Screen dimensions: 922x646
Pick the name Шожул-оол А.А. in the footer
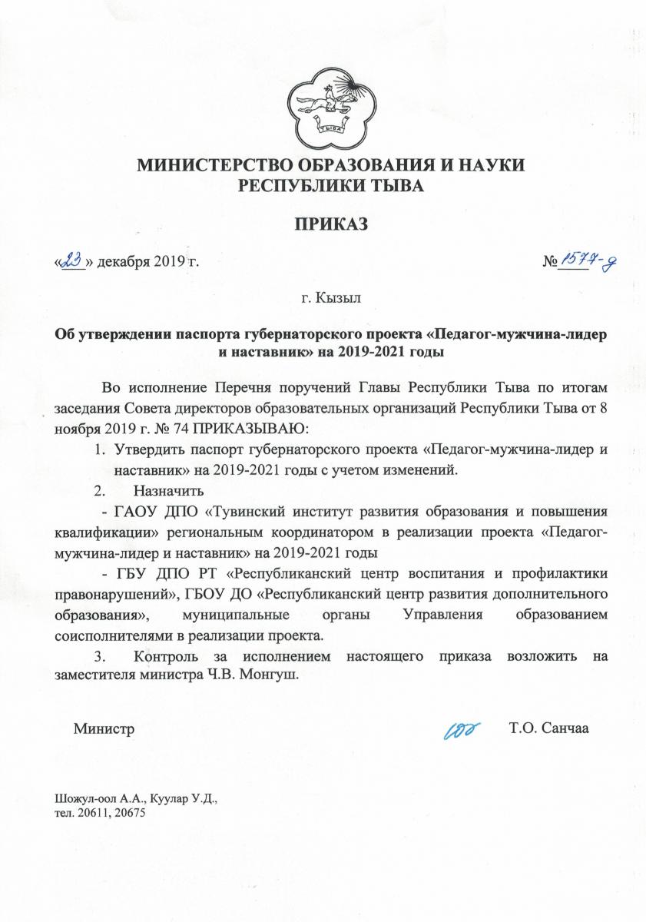tap(94, 800)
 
